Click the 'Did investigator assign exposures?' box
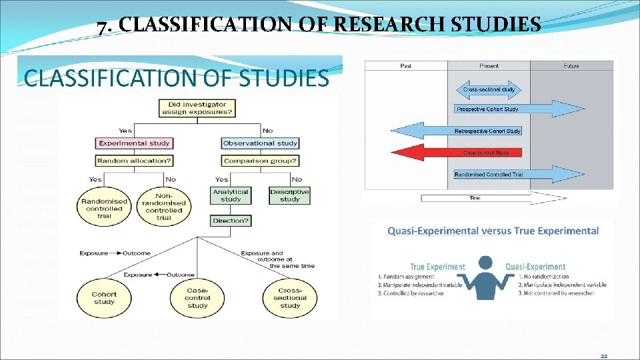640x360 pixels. [x=197, y=109]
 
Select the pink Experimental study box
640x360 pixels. [x=135, y=143]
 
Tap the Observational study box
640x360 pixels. [x=260, y=143]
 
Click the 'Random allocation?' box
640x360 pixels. [x=135, y=161]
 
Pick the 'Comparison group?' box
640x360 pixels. [x=260, y=161]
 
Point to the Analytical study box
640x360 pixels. [x=230, y=195]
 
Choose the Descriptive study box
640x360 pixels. [x=289, y=195]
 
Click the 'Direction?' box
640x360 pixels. [x=231, y=220]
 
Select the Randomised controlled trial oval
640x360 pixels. [x=104, y=208]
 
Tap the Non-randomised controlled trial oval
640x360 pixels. [x=163, y=208]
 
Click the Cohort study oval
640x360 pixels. [x=104, y=297]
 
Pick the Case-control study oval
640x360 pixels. [x=197, y=297]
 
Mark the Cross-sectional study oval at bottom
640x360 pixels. [x=289, y=297]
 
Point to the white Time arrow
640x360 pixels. [x=493, y=198]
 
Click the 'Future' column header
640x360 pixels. [x=571, y=66]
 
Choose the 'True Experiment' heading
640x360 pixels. [x=437, y=267]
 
